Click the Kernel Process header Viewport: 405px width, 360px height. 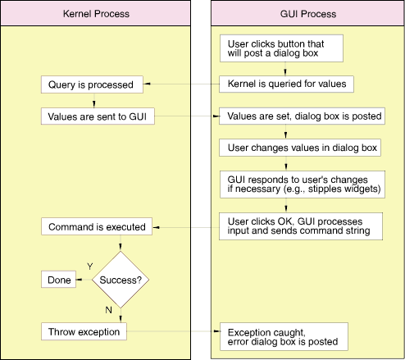click(x=96, y=13)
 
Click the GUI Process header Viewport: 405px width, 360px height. click(x=307, y=13)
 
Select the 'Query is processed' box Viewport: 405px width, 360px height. click(x=92, y=84)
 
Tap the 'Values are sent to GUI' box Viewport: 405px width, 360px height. click(x=98, y=116)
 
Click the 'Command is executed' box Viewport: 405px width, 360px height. click(x=97, y=226)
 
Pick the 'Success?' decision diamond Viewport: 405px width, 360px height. click(x=121, y=280)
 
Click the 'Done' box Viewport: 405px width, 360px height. click(x=58, y=280)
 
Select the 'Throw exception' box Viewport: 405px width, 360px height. click(x=84, y=331)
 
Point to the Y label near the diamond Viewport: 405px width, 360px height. click(x=90, y=267)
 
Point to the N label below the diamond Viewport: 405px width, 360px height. click(x=108, y=310)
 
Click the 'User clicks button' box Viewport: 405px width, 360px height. click(x=281, y=48)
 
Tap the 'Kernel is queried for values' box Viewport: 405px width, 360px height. click(x=286, y=84)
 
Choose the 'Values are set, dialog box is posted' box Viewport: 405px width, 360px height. click(x=302, y=116)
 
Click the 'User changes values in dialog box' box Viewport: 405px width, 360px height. click(x=300, y=148)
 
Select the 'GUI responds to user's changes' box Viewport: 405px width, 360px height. click(x=303, y=185)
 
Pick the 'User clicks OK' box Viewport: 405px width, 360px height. click(x=301, y=226)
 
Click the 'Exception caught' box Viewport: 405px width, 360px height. click(x=284, y=336)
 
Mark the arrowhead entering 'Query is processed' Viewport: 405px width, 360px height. click(x=147, y=84)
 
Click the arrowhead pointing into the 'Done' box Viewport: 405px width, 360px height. click(x=80, y=280)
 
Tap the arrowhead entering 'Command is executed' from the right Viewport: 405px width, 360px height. click(x=157, y=227)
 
